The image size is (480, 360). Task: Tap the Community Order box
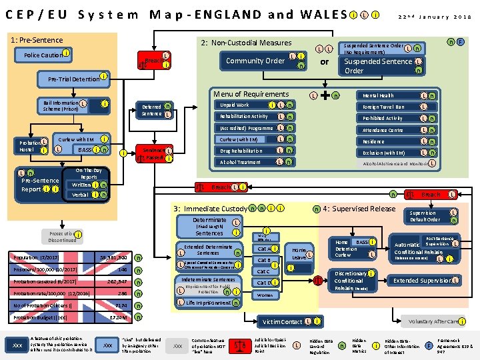coord(256,61)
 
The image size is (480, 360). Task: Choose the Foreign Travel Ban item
coord(385,107)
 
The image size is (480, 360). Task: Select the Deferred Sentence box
coord(153,110)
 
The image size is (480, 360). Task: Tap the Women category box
coord(265,295)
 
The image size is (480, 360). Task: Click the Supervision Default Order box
coord(424,216)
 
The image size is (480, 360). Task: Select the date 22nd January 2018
coord(435,17)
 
